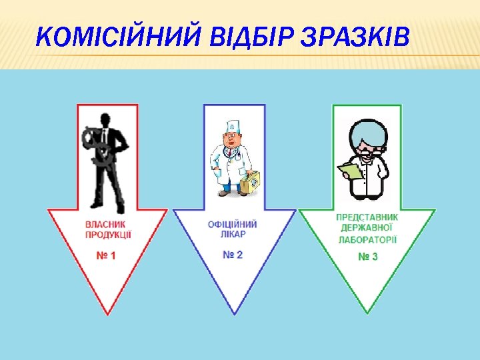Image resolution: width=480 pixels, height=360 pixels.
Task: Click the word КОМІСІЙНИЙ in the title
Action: click(x=119, y=38)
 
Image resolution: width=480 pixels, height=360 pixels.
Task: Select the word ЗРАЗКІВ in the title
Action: click(x=354, y=38)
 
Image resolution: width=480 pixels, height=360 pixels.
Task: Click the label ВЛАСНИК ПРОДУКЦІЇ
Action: click(x=108, y=229)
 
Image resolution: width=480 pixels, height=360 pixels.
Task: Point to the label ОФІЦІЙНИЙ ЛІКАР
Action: click(x=233, y=229)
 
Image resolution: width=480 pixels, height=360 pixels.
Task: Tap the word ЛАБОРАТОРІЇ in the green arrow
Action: click(x=367, y=239)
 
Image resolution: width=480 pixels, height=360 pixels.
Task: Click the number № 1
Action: click(x=105, y=255)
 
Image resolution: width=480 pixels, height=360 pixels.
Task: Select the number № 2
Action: click(x=233, y=255)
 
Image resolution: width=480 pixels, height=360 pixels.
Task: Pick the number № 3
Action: click(x=367, y=257)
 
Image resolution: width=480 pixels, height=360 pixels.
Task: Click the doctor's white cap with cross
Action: click(x=233, y=125)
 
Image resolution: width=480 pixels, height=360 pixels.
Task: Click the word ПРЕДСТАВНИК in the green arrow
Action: click(x=367, y=217)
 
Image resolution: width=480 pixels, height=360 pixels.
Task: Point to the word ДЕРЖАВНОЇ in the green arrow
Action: click(x=367, y=227)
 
